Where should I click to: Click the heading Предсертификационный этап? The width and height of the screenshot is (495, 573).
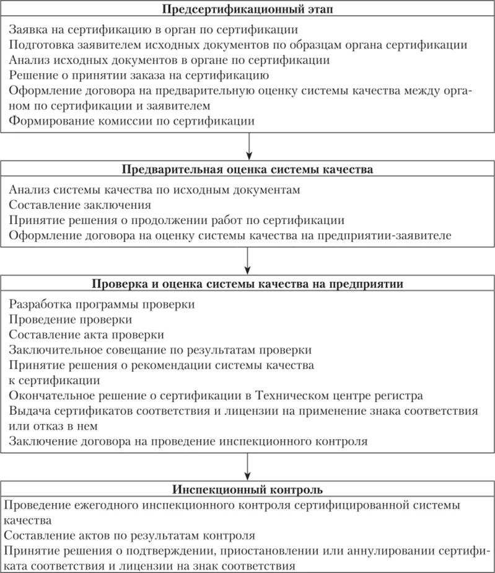coord(248,10)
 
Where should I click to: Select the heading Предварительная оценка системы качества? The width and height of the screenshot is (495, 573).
coord(248,170)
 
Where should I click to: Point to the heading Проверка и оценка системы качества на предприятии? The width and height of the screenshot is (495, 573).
coord(248,284)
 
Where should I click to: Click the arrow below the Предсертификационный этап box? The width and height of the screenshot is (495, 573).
coord(248,146)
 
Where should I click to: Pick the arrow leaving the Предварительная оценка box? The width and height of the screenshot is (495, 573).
coord(248,259)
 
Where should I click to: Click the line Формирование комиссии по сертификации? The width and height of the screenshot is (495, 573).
coord(132,122)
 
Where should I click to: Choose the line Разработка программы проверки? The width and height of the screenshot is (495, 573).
coord(102,305)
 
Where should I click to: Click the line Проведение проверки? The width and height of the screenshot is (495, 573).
coord(71,320)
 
